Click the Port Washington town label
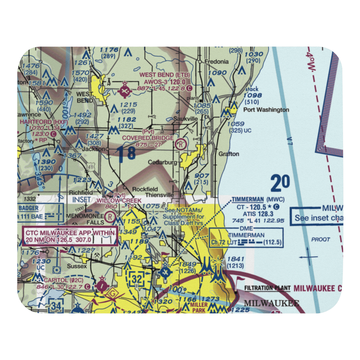pos(266,110)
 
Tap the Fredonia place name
pos(216,62)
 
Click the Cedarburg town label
pos(163,162)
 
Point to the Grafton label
pos(229,154)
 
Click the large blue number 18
pos(126,153)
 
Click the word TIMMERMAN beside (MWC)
pos(248,199)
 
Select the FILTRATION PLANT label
pos(267,288)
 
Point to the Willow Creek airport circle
pos(110,217)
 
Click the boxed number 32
pos(138,278)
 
